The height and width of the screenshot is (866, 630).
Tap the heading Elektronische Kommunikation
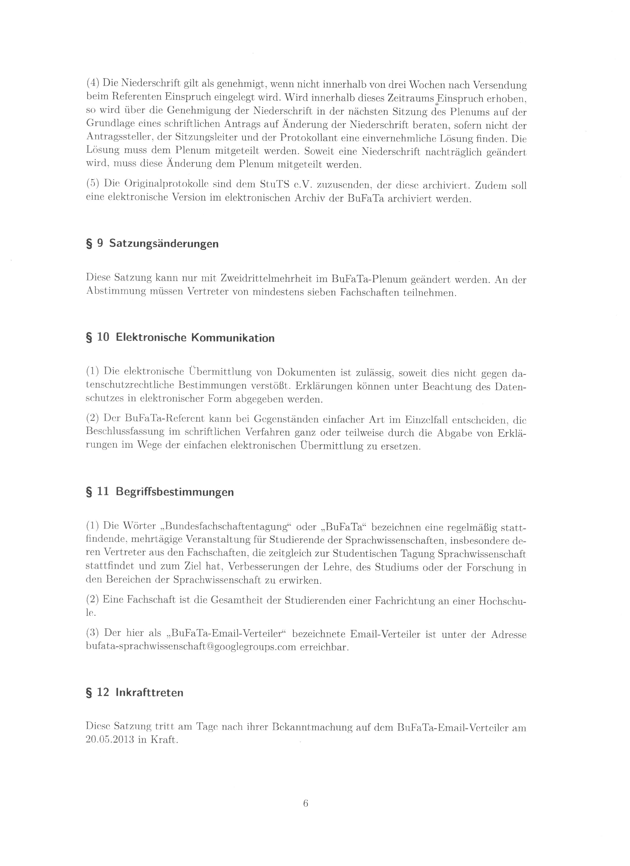click(195, 338)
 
